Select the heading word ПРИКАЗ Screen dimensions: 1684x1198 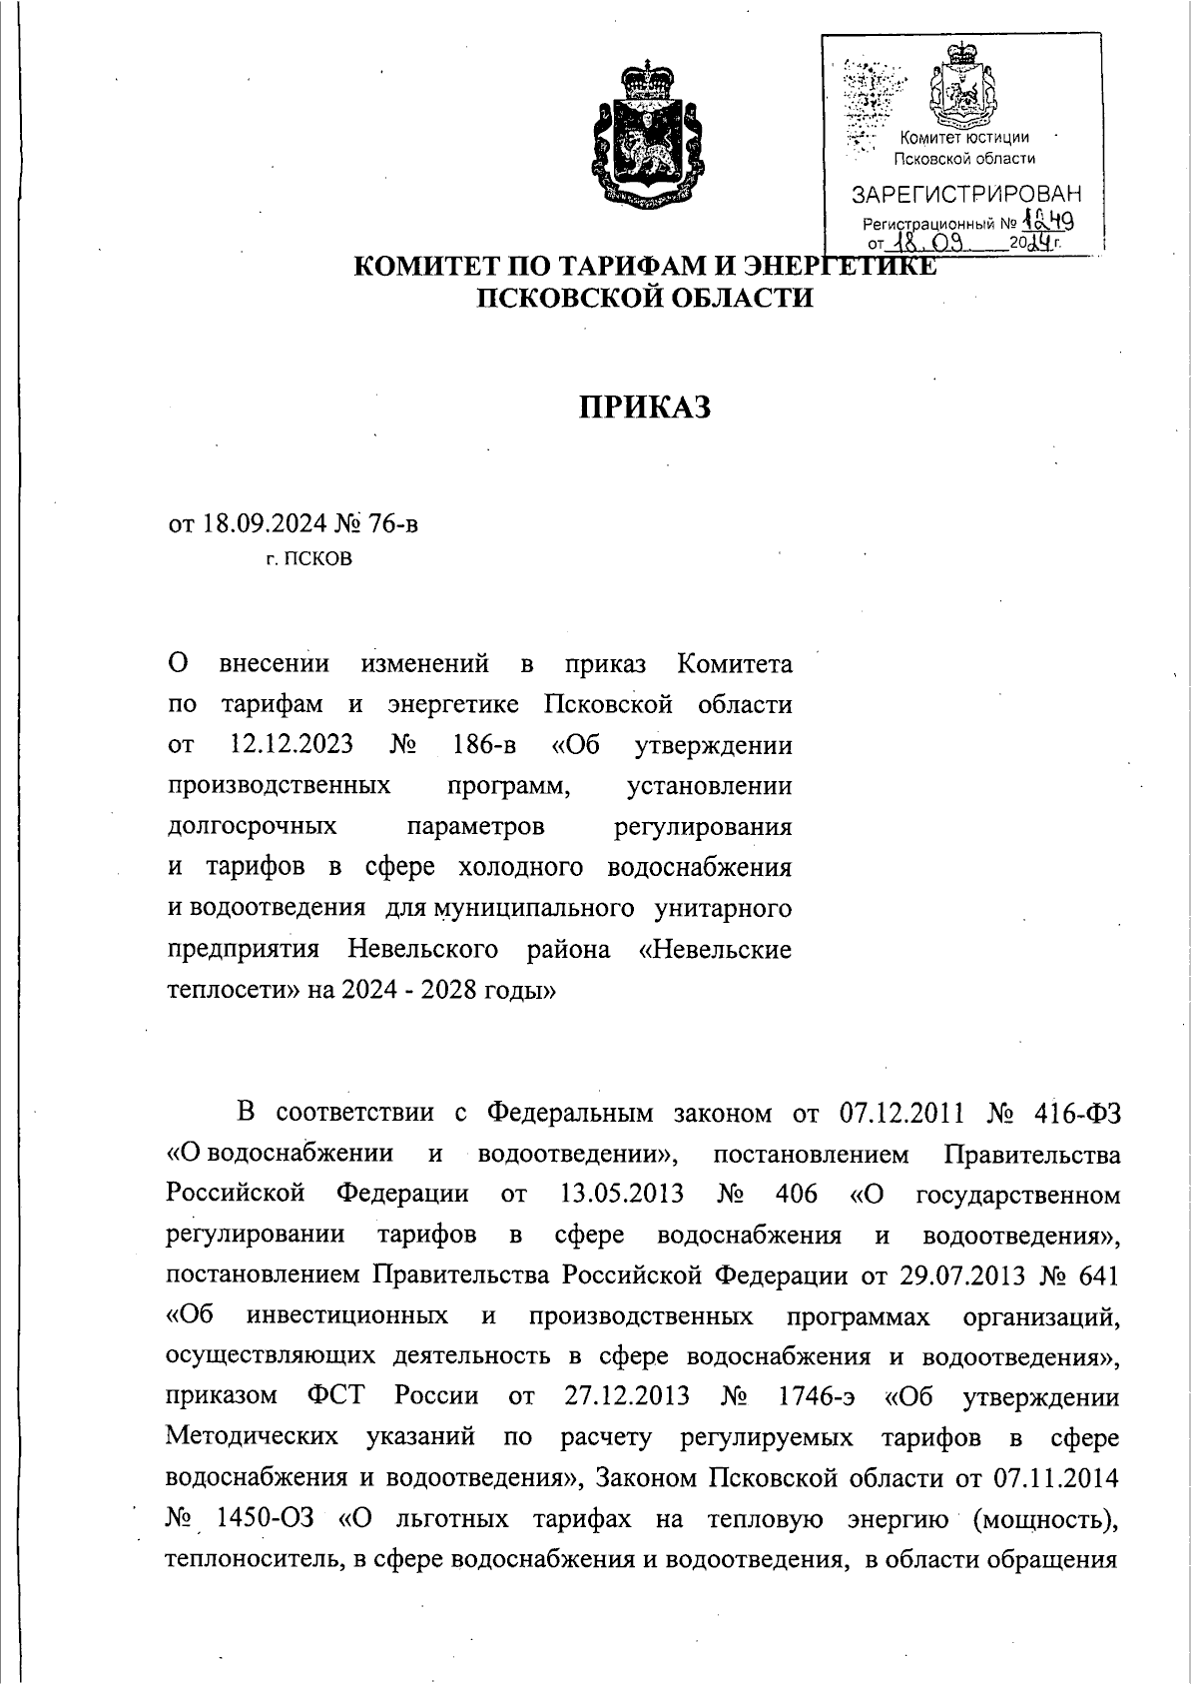point(645,408)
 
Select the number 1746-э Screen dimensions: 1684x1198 point(814,1396)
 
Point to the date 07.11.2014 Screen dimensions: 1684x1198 point(1057,1478)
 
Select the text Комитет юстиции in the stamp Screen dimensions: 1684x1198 point(963,138)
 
